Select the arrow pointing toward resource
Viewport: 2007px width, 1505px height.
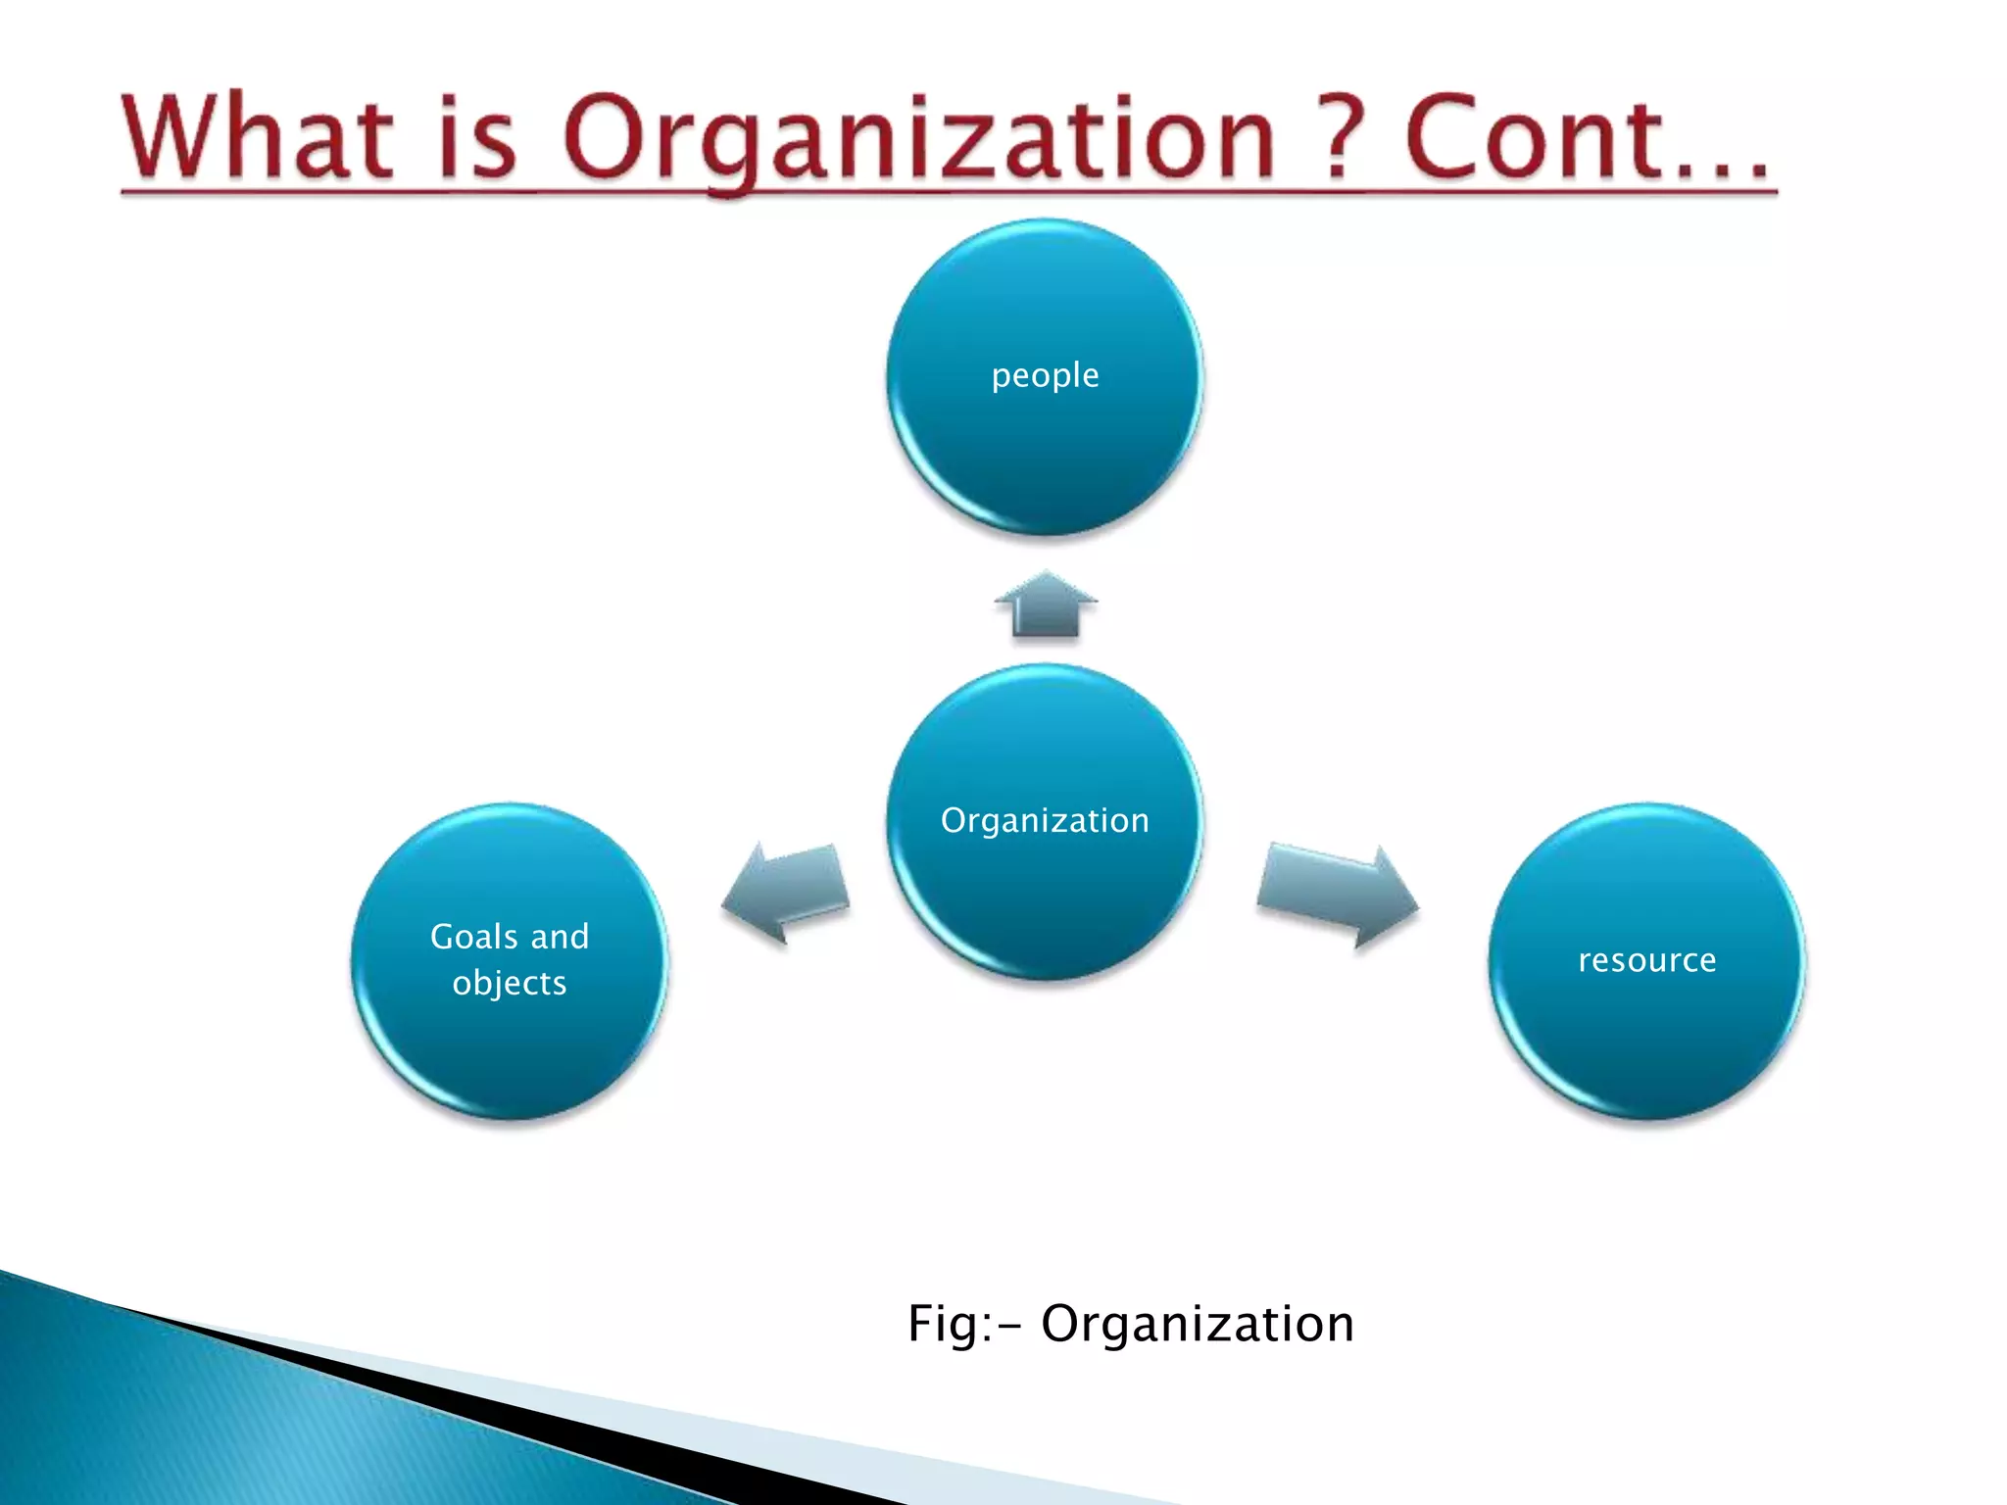click(1338, 893)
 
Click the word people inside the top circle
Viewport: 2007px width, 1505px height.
click(1045, 376)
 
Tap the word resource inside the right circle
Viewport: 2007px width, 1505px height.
click(1646, 960)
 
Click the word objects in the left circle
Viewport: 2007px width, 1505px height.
click(510, 983)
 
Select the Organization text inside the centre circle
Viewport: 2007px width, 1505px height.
click(1045, 820)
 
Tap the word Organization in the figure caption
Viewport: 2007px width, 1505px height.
click(1197, 1324)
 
